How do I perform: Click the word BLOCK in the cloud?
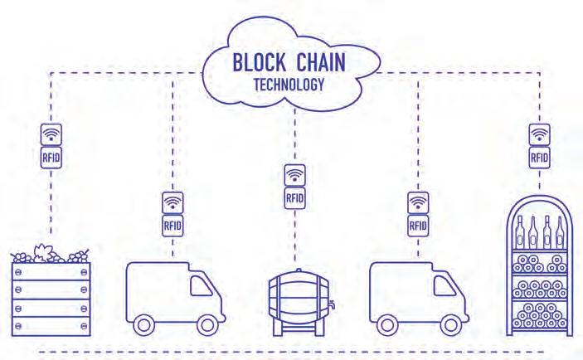click(x=260, y=65)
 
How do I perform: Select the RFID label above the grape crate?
click(x=50, y=156)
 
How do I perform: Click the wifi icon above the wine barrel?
click(x=294, y=176)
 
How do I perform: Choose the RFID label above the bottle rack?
click(x=540, y=156)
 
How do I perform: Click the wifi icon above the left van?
click(x=172, y=202)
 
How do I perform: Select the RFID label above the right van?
click(x=418, y=224)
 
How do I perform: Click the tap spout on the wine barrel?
click(x=330, y=306)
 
